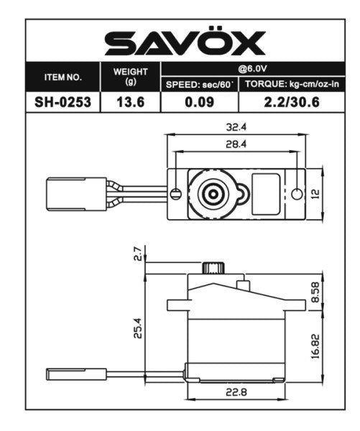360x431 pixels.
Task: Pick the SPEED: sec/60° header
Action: pos(199,84)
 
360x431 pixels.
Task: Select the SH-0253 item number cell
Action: pos(63,102)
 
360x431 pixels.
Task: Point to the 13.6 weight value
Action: pos(130,102)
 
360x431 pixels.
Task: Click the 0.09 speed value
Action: pos(199,102)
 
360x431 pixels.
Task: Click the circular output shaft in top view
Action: pos(213,193)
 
